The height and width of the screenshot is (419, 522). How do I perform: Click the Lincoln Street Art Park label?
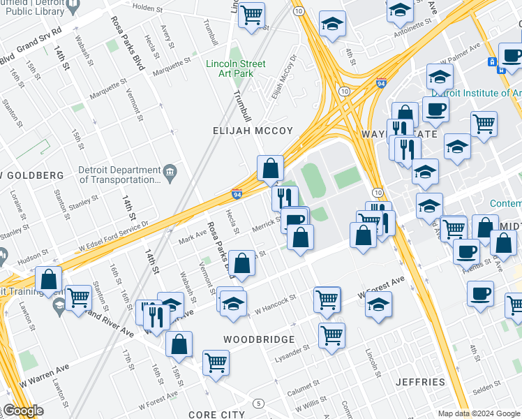click(x=235, y=69)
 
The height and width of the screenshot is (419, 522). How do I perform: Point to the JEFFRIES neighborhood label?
click(x=420, y=382)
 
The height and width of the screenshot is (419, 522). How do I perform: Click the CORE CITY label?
click(x=216, y=414)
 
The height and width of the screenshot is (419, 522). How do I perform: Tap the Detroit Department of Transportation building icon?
click(x=170, y=171)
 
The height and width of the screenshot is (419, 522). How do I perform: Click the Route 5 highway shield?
click(x=259, y=404)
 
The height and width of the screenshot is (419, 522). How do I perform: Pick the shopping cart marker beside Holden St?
click(x=251, y=14)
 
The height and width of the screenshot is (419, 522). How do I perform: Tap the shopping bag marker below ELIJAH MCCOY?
click(x=270, y=168)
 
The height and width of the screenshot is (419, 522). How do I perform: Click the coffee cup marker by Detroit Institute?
click(x=435, y=108)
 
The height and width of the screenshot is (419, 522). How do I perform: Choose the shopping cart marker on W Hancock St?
click(x=327, y=299)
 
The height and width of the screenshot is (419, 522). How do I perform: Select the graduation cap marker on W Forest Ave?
click(x=378, y=304)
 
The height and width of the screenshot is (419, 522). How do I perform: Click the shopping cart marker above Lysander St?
click(x=331, y=335)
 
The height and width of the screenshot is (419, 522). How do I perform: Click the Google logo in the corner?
click(x=22, y=411)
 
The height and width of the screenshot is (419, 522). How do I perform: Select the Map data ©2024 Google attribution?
click(x=479, y=413)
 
